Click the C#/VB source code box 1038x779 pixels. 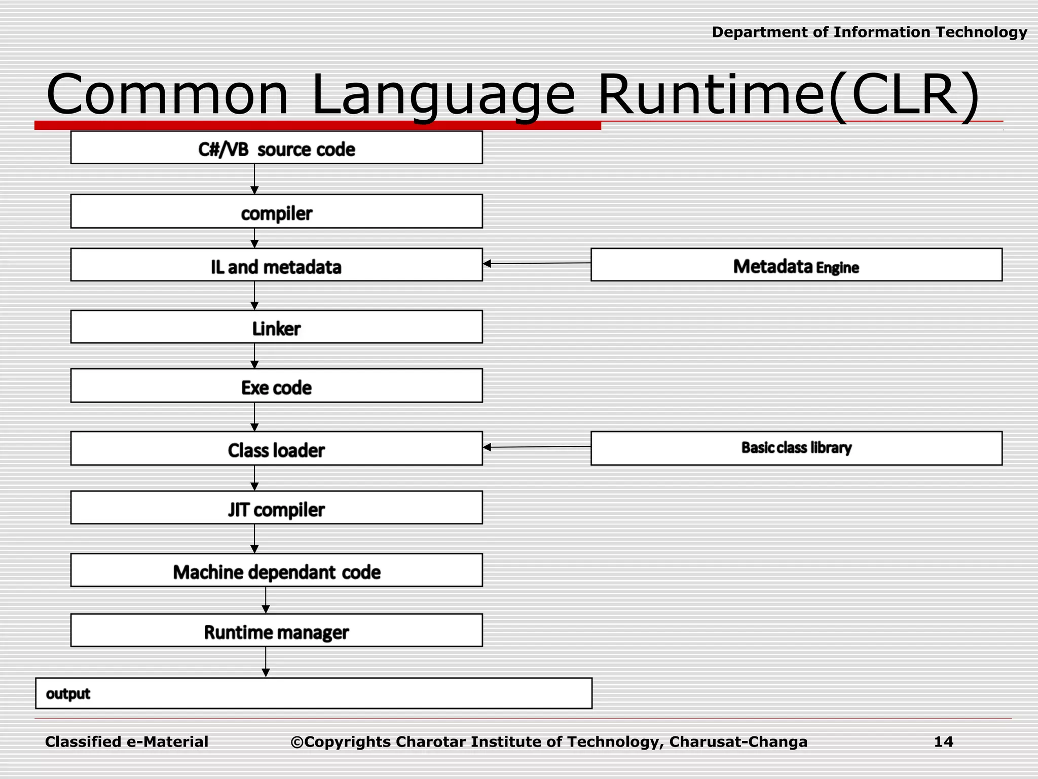click(276, 148)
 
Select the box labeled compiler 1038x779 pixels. click(276, 211)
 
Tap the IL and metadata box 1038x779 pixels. click(276, 265)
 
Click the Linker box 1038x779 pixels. click(276, 327)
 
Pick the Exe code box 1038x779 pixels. click(276, 386)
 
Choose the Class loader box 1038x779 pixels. click(276, 448)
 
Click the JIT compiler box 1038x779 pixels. click(276, 508)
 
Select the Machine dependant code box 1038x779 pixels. click(276, 571)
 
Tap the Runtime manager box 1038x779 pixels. click(276, 630)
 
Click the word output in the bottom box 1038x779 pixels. click(68, 693)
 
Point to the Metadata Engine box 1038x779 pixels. click(796, 265)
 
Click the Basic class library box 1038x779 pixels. click(796, 448)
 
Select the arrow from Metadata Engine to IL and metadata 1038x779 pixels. click(537, 263)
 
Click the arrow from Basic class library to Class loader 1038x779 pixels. click(537, 447)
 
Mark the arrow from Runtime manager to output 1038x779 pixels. click(266, 661)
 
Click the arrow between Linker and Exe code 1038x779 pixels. click(254, 356)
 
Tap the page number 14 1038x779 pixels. click(943, 741)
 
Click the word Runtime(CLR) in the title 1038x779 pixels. click(788, 95)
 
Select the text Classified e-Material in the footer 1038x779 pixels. click(127, 741)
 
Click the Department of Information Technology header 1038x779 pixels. click(869, 32)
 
